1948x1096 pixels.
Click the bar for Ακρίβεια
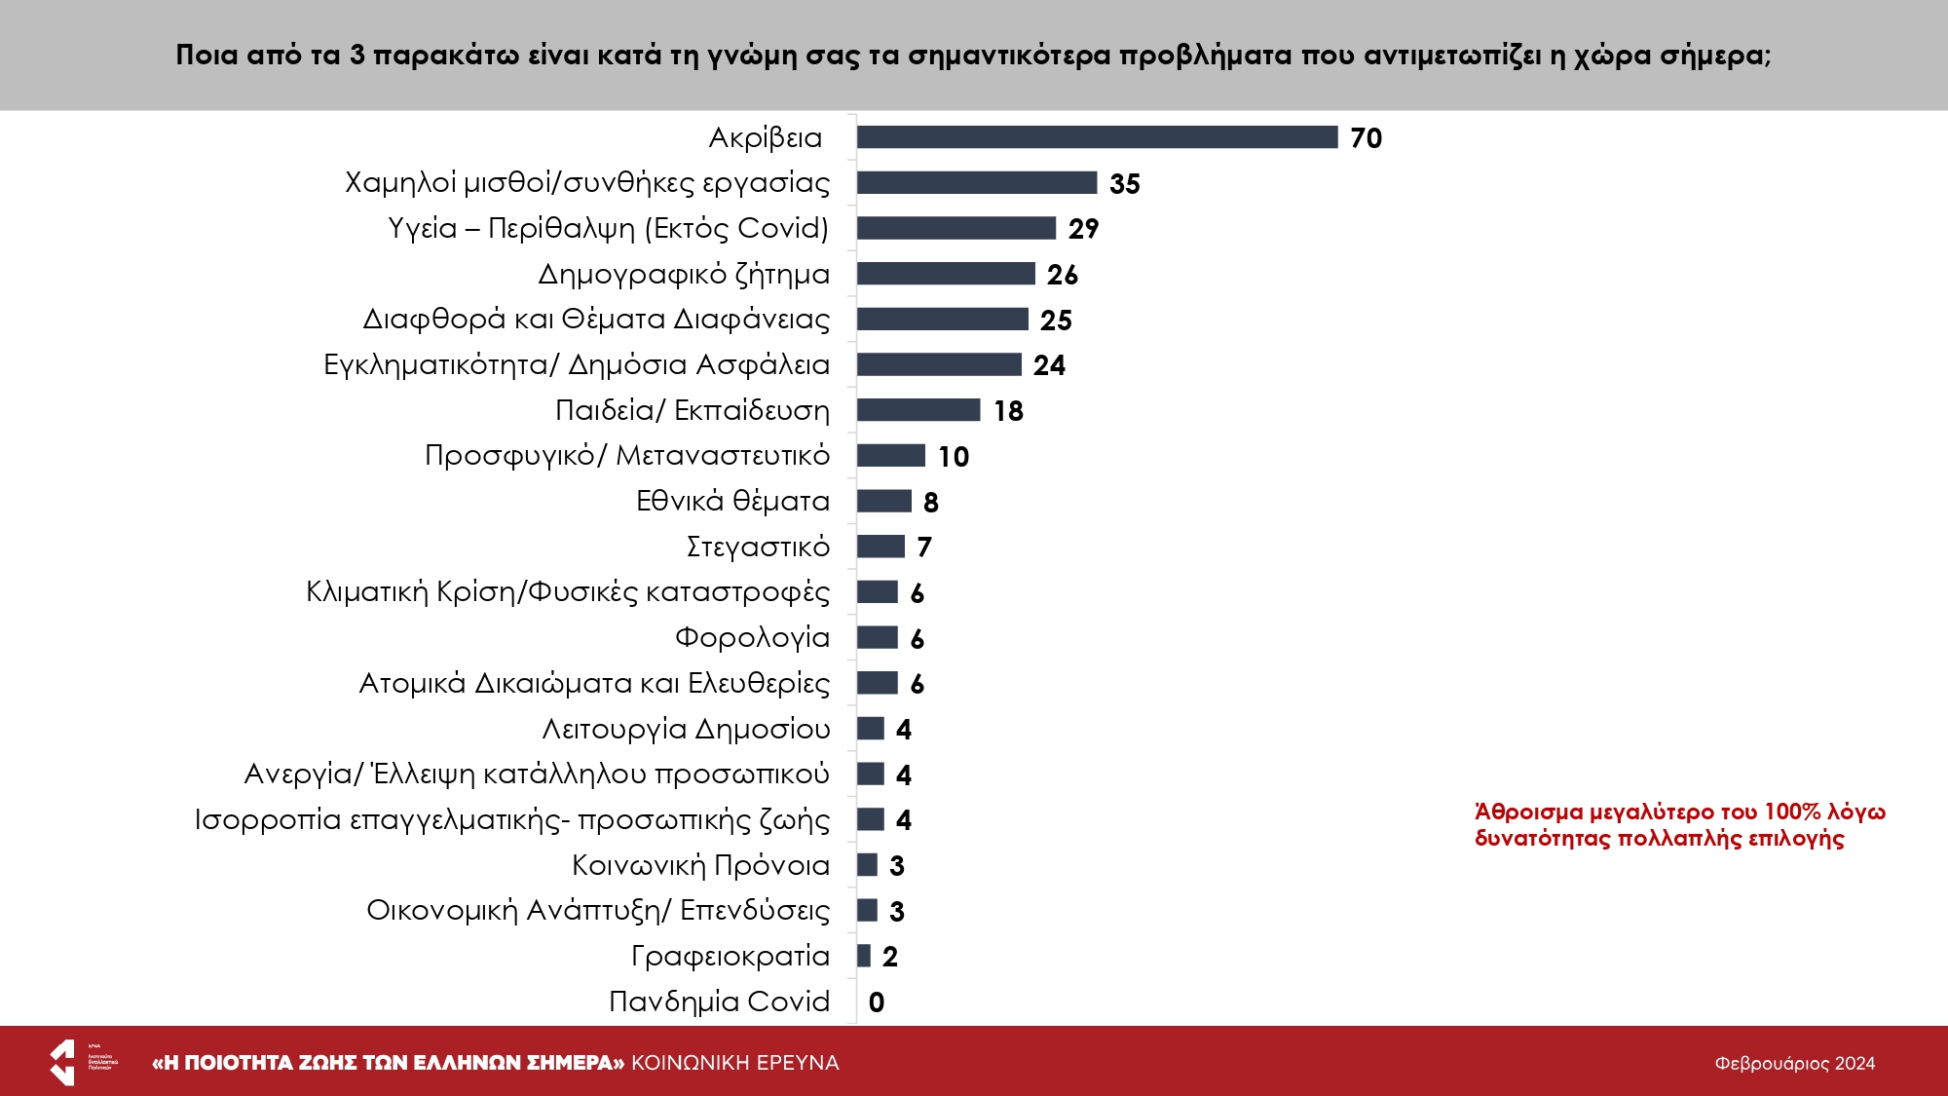1097,137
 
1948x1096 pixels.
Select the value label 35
1124,184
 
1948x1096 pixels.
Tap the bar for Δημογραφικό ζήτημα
946,274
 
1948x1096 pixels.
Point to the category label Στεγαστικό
758,547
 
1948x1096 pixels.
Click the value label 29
1083,229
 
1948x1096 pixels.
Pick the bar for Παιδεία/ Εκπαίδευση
918,410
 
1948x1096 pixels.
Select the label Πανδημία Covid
719,1002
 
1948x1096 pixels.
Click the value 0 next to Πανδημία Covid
877,1002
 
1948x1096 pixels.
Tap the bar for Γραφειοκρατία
864,956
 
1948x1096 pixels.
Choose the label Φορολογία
752,638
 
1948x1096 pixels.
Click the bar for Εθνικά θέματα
884,501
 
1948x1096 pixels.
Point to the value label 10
954,457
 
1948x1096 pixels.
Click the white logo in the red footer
63,1062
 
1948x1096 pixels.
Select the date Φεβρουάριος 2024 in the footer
1794,1064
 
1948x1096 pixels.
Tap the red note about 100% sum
1679,825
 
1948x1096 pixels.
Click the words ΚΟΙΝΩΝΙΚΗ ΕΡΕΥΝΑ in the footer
735,1063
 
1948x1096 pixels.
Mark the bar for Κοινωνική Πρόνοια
867,865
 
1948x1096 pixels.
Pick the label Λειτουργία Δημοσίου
686,729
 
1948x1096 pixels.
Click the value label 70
1366,138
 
